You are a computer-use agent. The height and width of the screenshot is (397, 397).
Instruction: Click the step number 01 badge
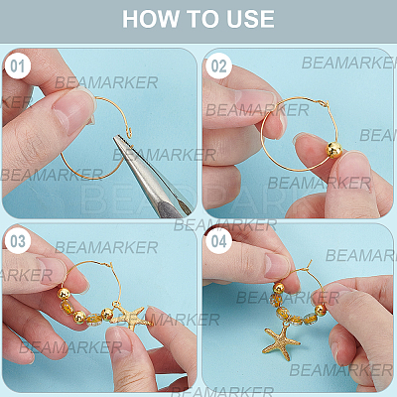coord(18,66)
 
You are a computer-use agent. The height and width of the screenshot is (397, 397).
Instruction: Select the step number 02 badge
coord(218,66)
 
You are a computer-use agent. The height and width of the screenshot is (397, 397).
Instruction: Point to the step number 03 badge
coord(18,241)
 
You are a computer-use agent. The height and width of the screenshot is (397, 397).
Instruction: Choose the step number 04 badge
coord(218,241)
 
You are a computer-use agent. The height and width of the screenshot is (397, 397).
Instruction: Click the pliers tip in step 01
coord(115,138)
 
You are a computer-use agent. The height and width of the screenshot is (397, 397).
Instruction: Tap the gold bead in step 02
coord(333,150)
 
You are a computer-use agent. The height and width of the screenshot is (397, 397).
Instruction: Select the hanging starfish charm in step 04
coord(281,341)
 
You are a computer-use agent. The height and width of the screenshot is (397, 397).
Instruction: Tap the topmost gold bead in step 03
coord(64,294)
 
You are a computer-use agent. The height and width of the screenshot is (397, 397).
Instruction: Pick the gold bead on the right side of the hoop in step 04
coord(321,310)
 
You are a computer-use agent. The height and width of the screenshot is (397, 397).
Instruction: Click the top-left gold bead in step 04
coord(279,288)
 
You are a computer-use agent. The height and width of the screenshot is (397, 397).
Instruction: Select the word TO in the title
coord(202,19)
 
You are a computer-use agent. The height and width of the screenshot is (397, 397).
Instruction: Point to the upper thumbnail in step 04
coord(276,266)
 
